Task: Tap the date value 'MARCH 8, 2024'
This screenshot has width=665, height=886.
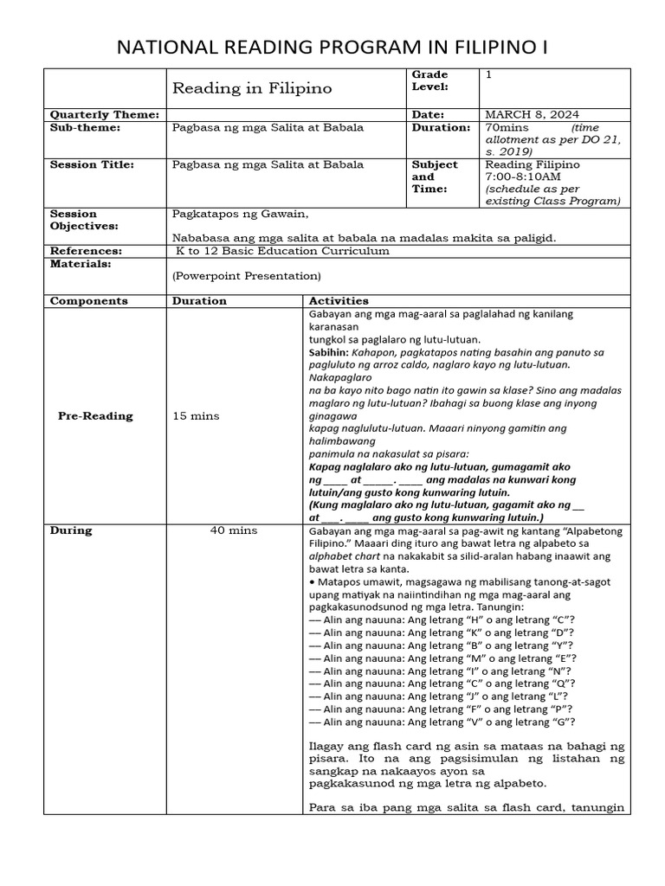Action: [533, 114]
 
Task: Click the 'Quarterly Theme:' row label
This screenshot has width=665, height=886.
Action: [104, 114]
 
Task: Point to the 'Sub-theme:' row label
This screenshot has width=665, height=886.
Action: [85, 127]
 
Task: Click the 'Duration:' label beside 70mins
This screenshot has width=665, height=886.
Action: [442, 127]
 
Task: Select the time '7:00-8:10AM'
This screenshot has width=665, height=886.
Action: [522, 177]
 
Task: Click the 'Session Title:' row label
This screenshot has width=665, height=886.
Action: [92, 164]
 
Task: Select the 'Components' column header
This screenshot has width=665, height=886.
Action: [88, 301]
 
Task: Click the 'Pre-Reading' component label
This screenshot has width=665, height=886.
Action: [95, 415]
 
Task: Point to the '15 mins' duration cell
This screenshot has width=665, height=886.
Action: [197, 415]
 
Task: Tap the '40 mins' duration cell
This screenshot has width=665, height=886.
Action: [233, 530]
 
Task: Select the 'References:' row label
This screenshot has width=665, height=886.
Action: [86, 251]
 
